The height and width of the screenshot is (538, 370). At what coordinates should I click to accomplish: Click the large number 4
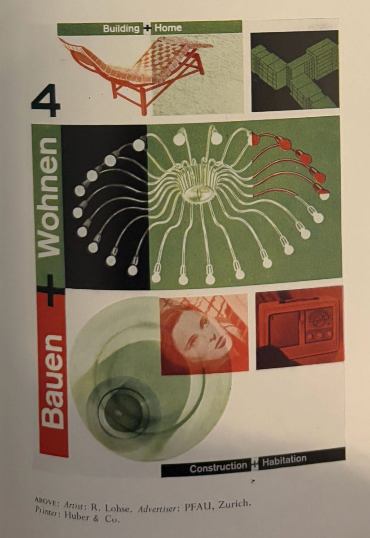[x=46, y=100]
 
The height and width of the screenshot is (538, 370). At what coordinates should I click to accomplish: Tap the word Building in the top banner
[x=121, y=28]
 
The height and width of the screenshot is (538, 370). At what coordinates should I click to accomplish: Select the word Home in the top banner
[x=168, y=28]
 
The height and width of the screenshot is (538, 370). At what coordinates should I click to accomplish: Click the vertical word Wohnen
[x=48, y=197]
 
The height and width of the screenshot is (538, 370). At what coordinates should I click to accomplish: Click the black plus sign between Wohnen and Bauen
[x=50, y=290]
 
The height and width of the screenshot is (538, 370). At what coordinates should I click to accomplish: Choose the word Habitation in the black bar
[x=284, y=460]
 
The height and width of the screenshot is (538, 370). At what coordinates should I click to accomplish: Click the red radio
[x=300, y=328]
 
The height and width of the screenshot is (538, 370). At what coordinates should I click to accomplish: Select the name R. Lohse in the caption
[x=110, y=507]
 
